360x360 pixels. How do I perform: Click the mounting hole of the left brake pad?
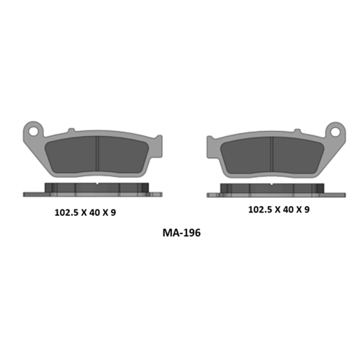pos(34,131)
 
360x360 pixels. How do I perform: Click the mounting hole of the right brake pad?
pos(335,132)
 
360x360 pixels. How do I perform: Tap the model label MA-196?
pos(181,233)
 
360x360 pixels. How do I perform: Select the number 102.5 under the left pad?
pos(66,212)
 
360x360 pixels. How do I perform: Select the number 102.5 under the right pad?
pos(260,210)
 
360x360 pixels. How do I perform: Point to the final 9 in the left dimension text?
pos(113,212)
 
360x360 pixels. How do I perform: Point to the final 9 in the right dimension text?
pos(307,210)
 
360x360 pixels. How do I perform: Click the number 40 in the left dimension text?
pos(94,212)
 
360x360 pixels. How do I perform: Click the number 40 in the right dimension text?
pos(288,210)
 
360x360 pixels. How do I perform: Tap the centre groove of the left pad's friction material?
pos(97,154)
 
